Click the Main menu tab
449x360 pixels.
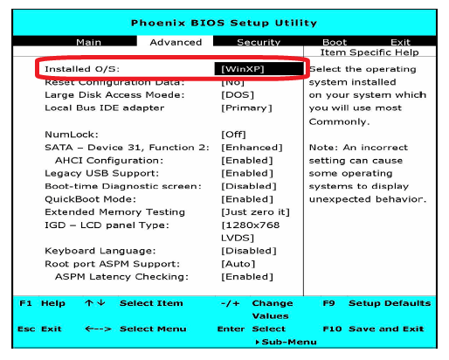88,42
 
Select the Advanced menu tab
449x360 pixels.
176,42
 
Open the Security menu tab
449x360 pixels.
259,43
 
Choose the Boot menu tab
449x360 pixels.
335,42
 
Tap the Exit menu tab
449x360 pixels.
400,42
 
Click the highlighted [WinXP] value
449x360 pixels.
242,69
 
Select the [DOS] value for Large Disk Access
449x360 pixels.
238,95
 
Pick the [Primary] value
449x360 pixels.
246,108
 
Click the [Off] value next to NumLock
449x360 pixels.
233,135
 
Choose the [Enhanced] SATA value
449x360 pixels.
252,148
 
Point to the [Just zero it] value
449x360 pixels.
255,212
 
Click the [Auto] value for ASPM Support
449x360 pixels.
238,264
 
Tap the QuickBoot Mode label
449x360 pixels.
90,199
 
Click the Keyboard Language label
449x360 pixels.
100,251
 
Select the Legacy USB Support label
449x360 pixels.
101,174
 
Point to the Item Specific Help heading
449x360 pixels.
370,52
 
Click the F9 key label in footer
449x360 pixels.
328,303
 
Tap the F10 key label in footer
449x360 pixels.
332,329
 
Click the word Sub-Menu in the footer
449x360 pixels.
289,342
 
